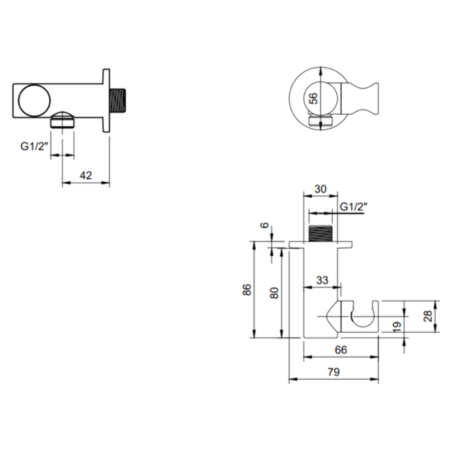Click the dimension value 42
click(x=86, y=175)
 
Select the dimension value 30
click(x=320, y=189)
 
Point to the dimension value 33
click(x=322, y=280)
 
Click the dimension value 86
click(x=247, y=290)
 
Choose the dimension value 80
click(x=274, y=293)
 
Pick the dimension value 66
click(x=341, y=350)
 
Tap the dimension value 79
click(x=333, y=372)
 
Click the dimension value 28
click(x=428, y=316)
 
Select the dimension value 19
click(x=396, y=327)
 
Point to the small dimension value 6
click(x=265, y=225)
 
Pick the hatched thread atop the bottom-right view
click(x=320, y=234)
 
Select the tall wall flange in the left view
click(x=106, y=100)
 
